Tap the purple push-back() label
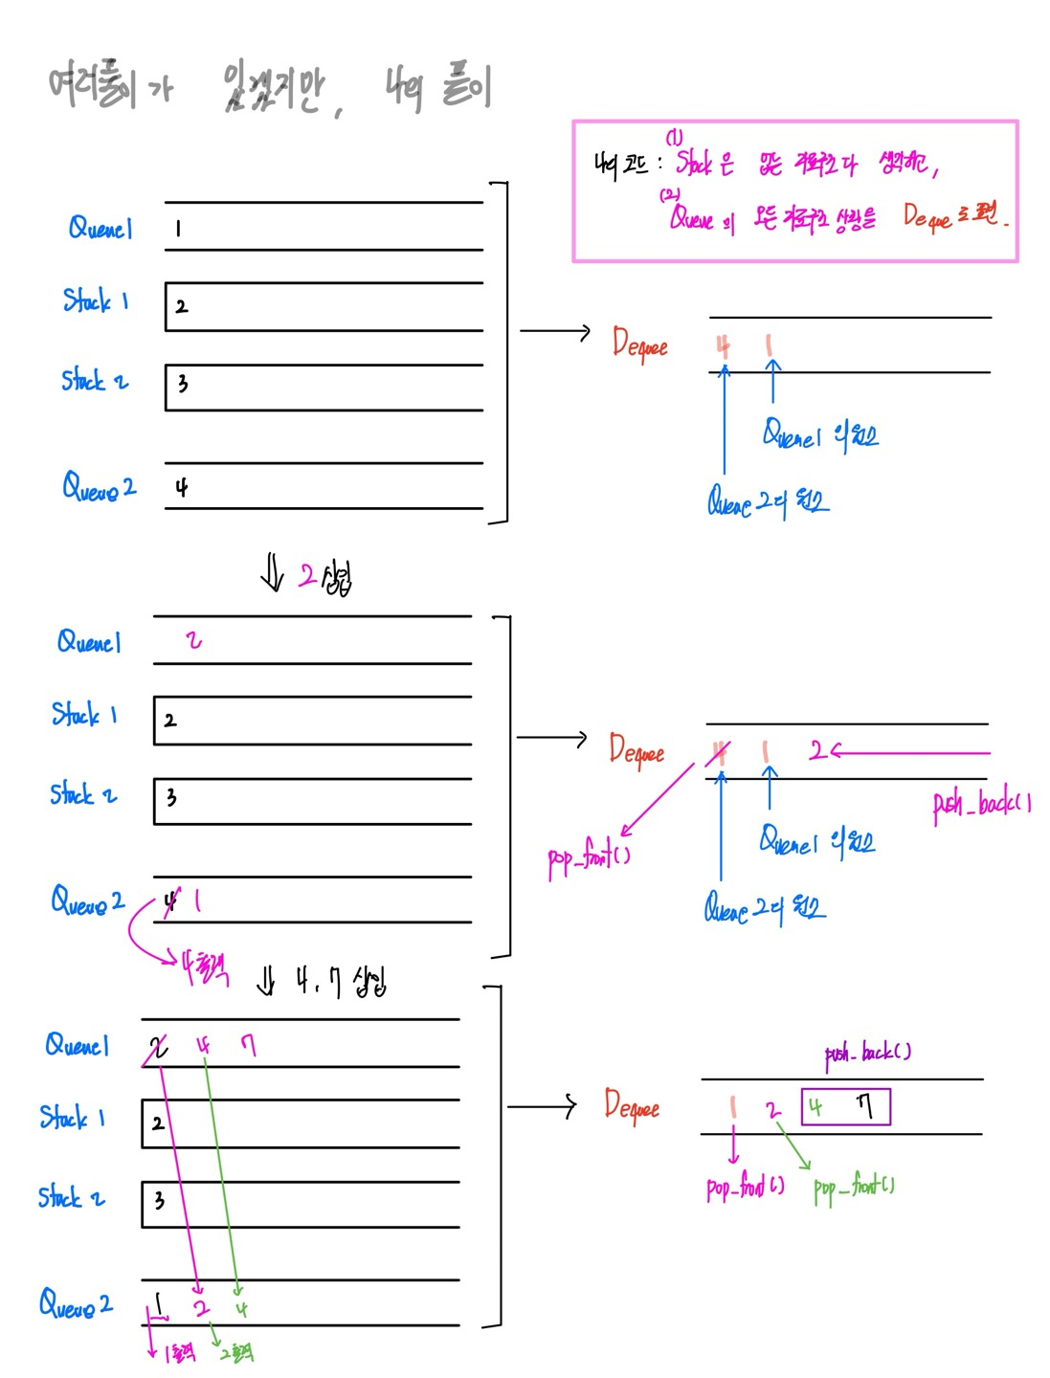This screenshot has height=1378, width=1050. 867,1053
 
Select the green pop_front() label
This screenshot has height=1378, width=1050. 853,1187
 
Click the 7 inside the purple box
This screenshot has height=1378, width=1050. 864,1106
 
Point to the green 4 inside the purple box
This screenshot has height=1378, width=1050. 815,1107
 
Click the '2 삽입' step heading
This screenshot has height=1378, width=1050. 324,577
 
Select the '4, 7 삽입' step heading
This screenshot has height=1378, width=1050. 340,981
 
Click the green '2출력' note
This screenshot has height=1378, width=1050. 236,1352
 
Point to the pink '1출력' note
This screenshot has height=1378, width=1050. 179,1352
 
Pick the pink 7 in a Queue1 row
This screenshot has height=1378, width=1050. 249,1044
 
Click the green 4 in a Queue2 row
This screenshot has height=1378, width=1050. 241,1308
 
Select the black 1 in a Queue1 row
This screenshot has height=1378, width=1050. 178,229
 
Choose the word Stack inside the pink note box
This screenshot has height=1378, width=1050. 695,163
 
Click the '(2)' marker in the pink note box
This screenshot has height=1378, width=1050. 668,194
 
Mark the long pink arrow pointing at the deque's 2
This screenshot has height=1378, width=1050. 909,752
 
